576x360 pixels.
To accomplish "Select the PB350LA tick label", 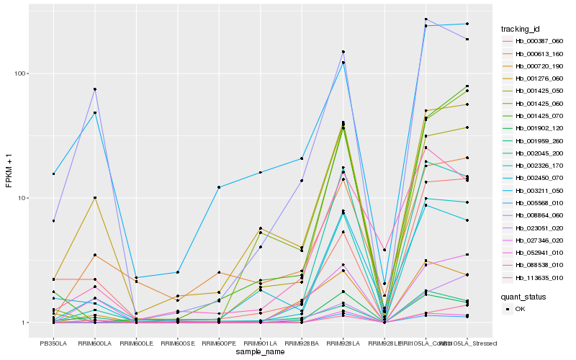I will [x=53, y=343].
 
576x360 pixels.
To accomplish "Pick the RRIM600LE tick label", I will [x=136, y=343].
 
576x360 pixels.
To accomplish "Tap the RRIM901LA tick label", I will [x=260, y=343].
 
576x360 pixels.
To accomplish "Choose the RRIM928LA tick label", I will [x=343, y=343].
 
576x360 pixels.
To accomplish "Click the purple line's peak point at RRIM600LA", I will [x=95, y=89].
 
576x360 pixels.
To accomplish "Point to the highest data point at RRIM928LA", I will [x=343, y=52].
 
